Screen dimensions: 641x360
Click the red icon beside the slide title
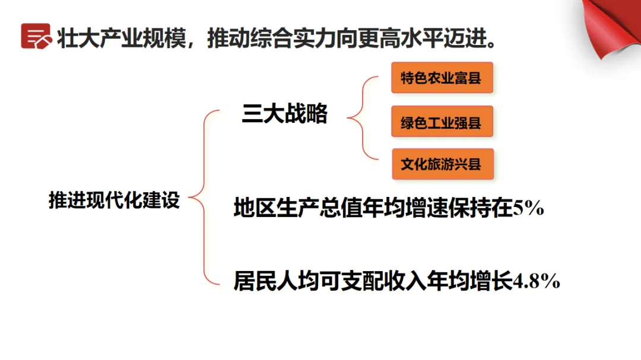(36, 36)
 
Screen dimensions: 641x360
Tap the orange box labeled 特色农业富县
(442, 78)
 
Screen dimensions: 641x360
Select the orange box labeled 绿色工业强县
(442, 123)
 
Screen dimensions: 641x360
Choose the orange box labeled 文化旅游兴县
(442, 164)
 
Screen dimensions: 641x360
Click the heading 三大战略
(284, 114)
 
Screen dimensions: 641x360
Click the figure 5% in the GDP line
(528, 209)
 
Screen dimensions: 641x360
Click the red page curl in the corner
(614, 27)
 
